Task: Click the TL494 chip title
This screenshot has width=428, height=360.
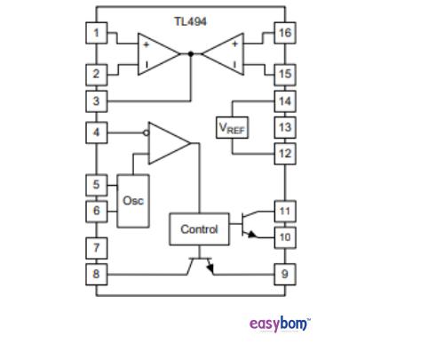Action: [190, 20]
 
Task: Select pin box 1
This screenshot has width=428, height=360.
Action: [97, 34]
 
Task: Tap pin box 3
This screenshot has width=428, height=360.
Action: [97, 100]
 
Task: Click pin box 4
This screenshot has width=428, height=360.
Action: [97, 133]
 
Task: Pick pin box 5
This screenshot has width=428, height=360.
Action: [97, 185]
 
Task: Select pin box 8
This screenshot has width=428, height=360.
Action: [97, 274]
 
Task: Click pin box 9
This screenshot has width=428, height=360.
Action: [284, 274]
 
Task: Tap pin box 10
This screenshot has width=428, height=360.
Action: [284, 237]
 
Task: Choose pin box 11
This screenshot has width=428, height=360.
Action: [284, 212]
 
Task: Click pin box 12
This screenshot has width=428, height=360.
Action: [284, 153]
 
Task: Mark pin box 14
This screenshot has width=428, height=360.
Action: [284, 100]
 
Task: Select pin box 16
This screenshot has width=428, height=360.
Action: [284, 34]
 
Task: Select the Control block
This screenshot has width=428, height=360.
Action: [199, 229]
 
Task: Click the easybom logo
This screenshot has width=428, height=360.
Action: [280, 323]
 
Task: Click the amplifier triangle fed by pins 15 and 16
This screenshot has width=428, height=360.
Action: [224, 53]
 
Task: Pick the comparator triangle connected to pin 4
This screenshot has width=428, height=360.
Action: [168, 144]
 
